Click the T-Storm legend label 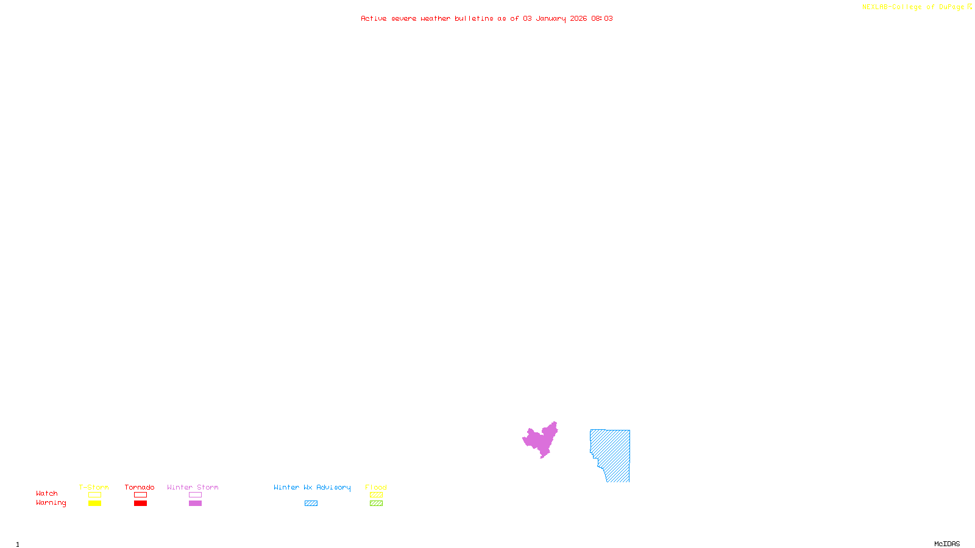[94, 487]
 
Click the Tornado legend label [140, 487]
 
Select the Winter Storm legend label [193, 487]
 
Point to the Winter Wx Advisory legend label [312, 487]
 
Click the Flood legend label [376, 487]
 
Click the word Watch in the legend [47, 493]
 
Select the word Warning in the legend [51, 503]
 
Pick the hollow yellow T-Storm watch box [94, 495]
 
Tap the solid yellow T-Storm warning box [94, 504]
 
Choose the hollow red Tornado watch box [140, 495]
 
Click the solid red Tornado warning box [140, 504]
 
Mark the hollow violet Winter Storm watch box [195, 495]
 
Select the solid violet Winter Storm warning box [195, 504]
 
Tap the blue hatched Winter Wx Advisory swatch [311, 504]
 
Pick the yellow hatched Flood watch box [376, 495]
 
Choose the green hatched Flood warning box [376, 504]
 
